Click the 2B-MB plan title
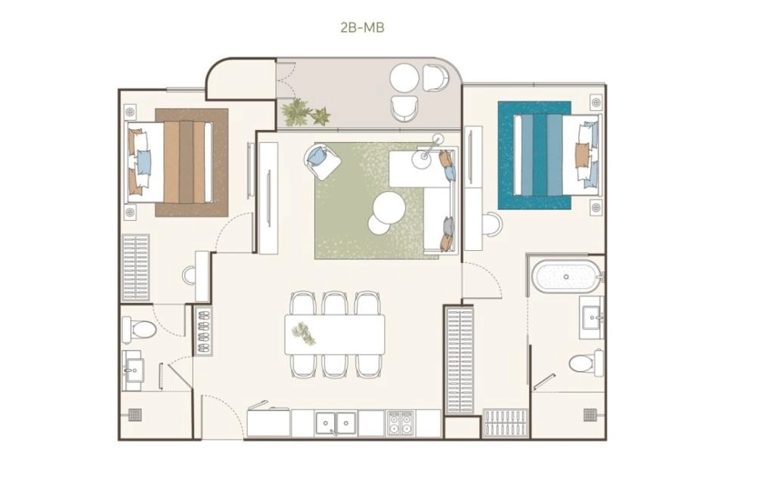pos(362,27)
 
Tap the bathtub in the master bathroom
pos(565,276)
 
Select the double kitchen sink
pos(336,423)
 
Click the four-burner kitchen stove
pos(401,423)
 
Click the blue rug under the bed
pos(534,156)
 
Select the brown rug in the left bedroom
pos(191,162)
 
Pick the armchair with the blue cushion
pos(322,160)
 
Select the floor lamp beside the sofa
pos(428,150)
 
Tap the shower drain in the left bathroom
pos(135,414)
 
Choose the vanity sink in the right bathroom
pos(591,317)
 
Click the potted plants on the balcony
pos(305,113)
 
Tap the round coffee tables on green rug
pos(385,212)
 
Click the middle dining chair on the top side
pos(335,303)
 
